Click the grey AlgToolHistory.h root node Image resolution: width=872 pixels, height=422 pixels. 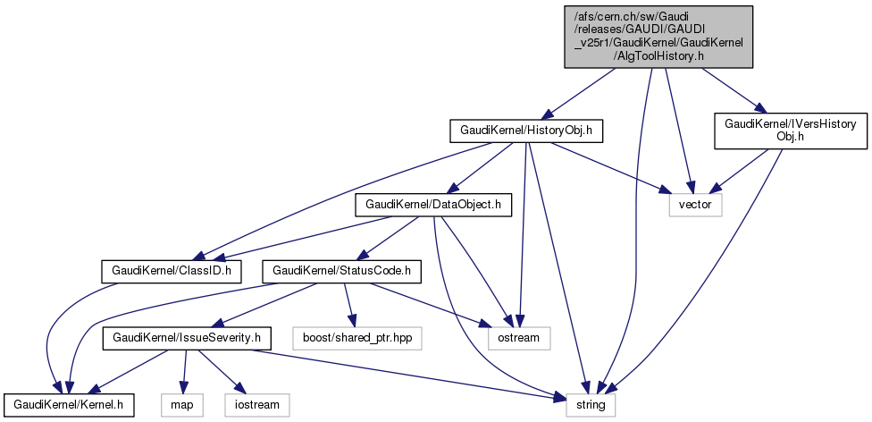pos(657,36)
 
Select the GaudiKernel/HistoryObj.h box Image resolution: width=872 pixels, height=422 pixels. pos(526,131)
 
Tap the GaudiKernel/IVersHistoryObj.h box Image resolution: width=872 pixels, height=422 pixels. pos(791,130)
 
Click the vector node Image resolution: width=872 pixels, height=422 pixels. pos(695,205)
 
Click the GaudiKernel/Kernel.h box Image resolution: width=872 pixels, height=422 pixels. pos(68,405)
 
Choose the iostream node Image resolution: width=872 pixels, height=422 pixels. pos(257,405)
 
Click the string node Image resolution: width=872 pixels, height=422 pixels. pos(591,405)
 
